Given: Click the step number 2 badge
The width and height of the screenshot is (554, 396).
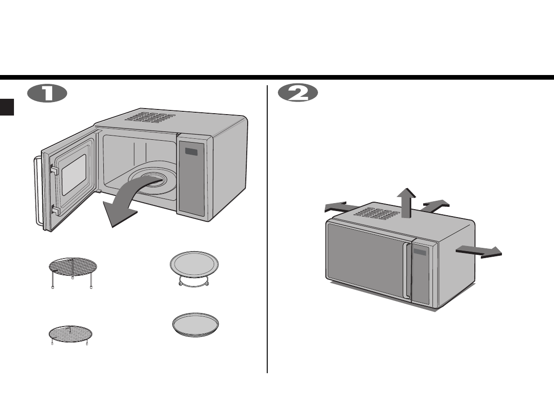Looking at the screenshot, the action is click(298, 93).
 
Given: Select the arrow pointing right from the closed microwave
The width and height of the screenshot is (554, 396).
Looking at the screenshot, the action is click(480, 251).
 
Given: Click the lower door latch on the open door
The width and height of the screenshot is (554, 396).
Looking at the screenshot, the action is click(54, 212).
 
